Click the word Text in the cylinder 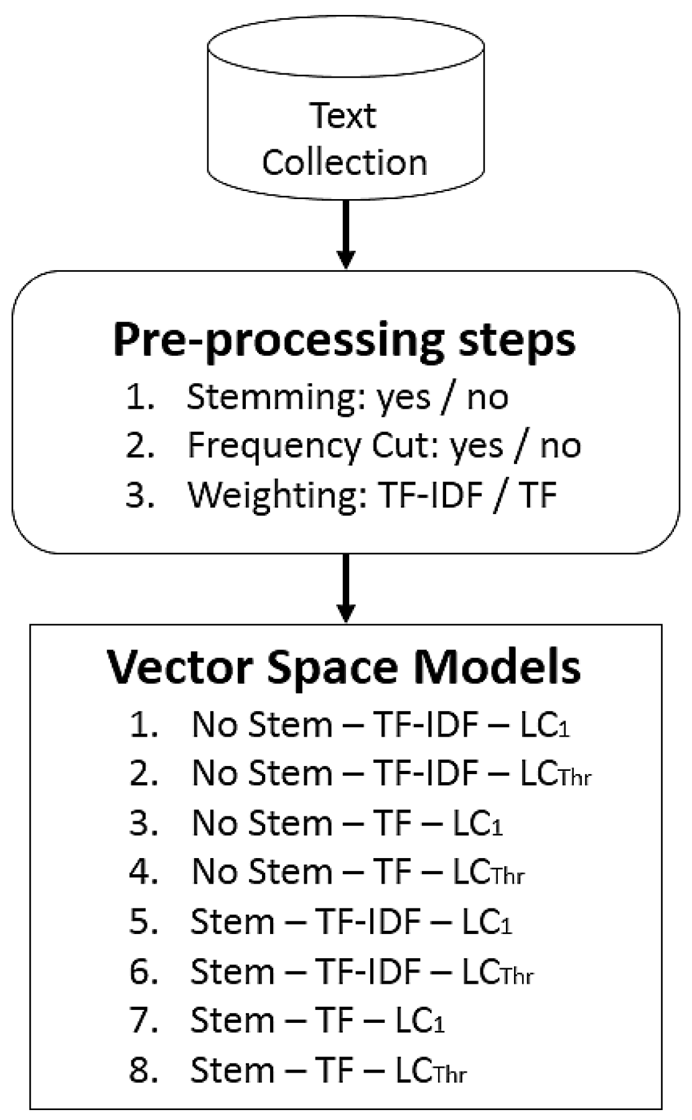pyautogui.click(x=343, y=116)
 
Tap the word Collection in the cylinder pyautogui.click(x=344, y=162)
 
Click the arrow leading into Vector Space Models pyautogui.click(x=345, y=588)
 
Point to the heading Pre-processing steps pyautogui.click(x=344, y=342)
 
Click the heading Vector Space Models pyautogui.click(x=344, y=667)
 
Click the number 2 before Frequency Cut pyautogui.click(x=140, y=446)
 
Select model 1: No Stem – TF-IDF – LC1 pyautogui.click(x=381, y=725)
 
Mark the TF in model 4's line pyautogui.click(x=392, y=872)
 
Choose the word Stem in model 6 pyautogui.click(x=232, y=971)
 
